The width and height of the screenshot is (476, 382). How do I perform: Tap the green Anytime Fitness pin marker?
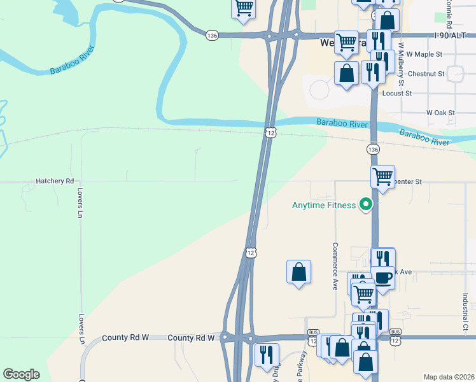(365, 205)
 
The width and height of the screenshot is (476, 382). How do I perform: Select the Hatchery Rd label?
(55, 181)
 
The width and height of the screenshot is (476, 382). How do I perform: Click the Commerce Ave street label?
(334, 266)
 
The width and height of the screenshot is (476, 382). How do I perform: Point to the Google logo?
(21, 374)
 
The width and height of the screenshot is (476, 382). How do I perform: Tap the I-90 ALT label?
(452, 36)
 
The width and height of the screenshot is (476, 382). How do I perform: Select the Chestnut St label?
(428, 74)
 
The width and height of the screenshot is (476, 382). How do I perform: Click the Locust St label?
(397, 93)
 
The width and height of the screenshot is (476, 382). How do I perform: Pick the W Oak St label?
(440, 113)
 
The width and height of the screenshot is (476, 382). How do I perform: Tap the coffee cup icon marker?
(383, 278)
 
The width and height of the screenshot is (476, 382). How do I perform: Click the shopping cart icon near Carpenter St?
(382, 176)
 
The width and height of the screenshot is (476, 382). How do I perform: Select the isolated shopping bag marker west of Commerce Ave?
(298, 272)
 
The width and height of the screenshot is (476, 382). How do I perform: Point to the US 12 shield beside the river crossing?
(271, 132)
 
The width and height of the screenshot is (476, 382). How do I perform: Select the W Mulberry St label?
(401, 64)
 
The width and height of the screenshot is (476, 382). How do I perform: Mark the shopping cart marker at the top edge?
(243, 8)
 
